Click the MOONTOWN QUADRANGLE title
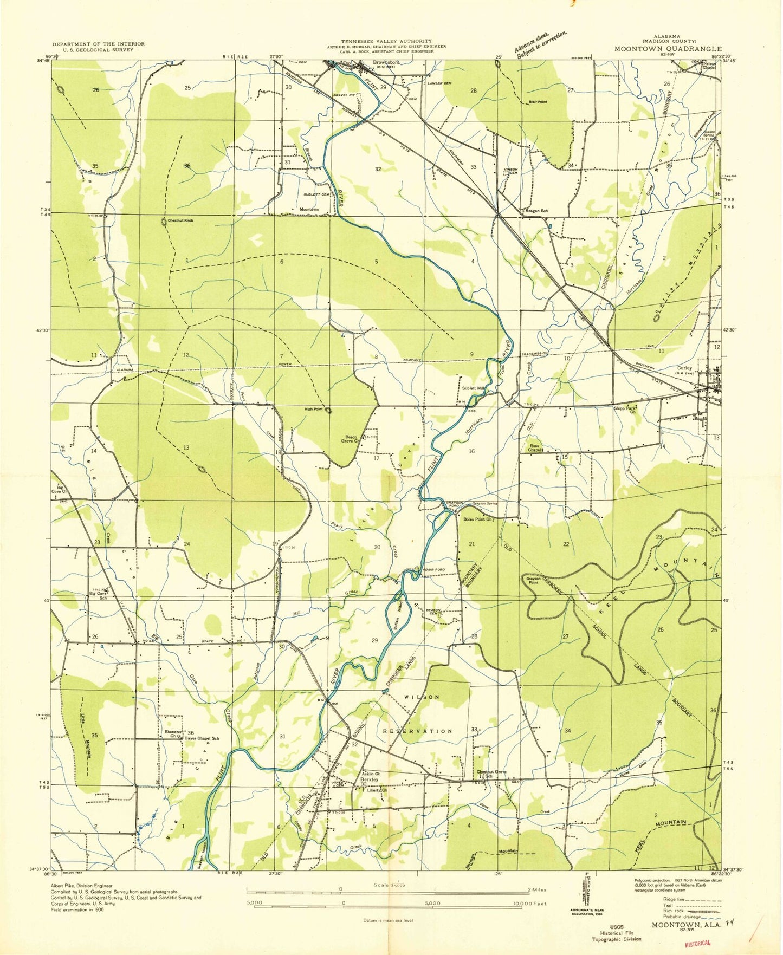point(668,49)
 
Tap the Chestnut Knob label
point(180,221)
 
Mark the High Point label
point(314,409)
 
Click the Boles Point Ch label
point(477,519)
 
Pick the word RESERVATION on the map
point(418,731)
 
